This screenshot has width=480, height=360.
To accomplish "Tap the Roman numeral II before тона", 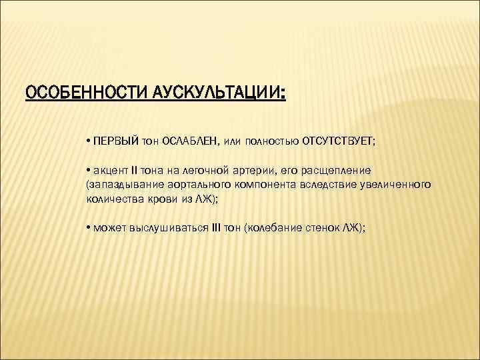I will (134, 170).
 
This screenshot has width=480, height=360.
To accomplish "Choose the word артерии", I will (257, 170).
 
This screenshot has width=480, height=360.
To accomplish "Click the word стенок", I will (323, 227).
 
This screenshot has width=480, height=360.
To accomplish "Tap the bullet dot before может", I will (89, 227).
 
